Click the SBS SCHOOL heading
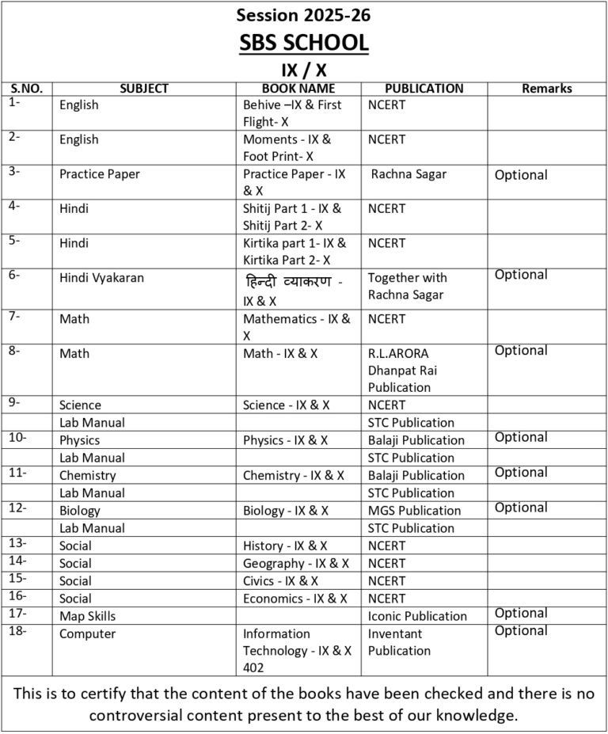point(304,42)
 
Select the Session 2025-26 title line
point(304,15)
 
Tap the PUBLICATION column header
point(424,89)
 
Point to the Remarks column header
point(546,89)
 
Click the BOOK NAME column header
point(298,89)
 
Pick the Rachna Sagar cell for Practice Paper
point(408,174)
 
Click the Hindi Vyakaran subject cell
point(101,278)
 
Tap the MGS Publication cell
point(414,511)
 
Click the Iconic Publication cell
point(417,616)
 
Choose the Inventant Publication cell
point(399,642)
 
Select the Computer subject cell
point(87,633)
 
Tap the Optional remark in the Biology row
point(521,508)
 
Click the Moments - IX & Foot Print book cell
point(287,148)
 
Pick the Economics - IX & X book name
point(297,599)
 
